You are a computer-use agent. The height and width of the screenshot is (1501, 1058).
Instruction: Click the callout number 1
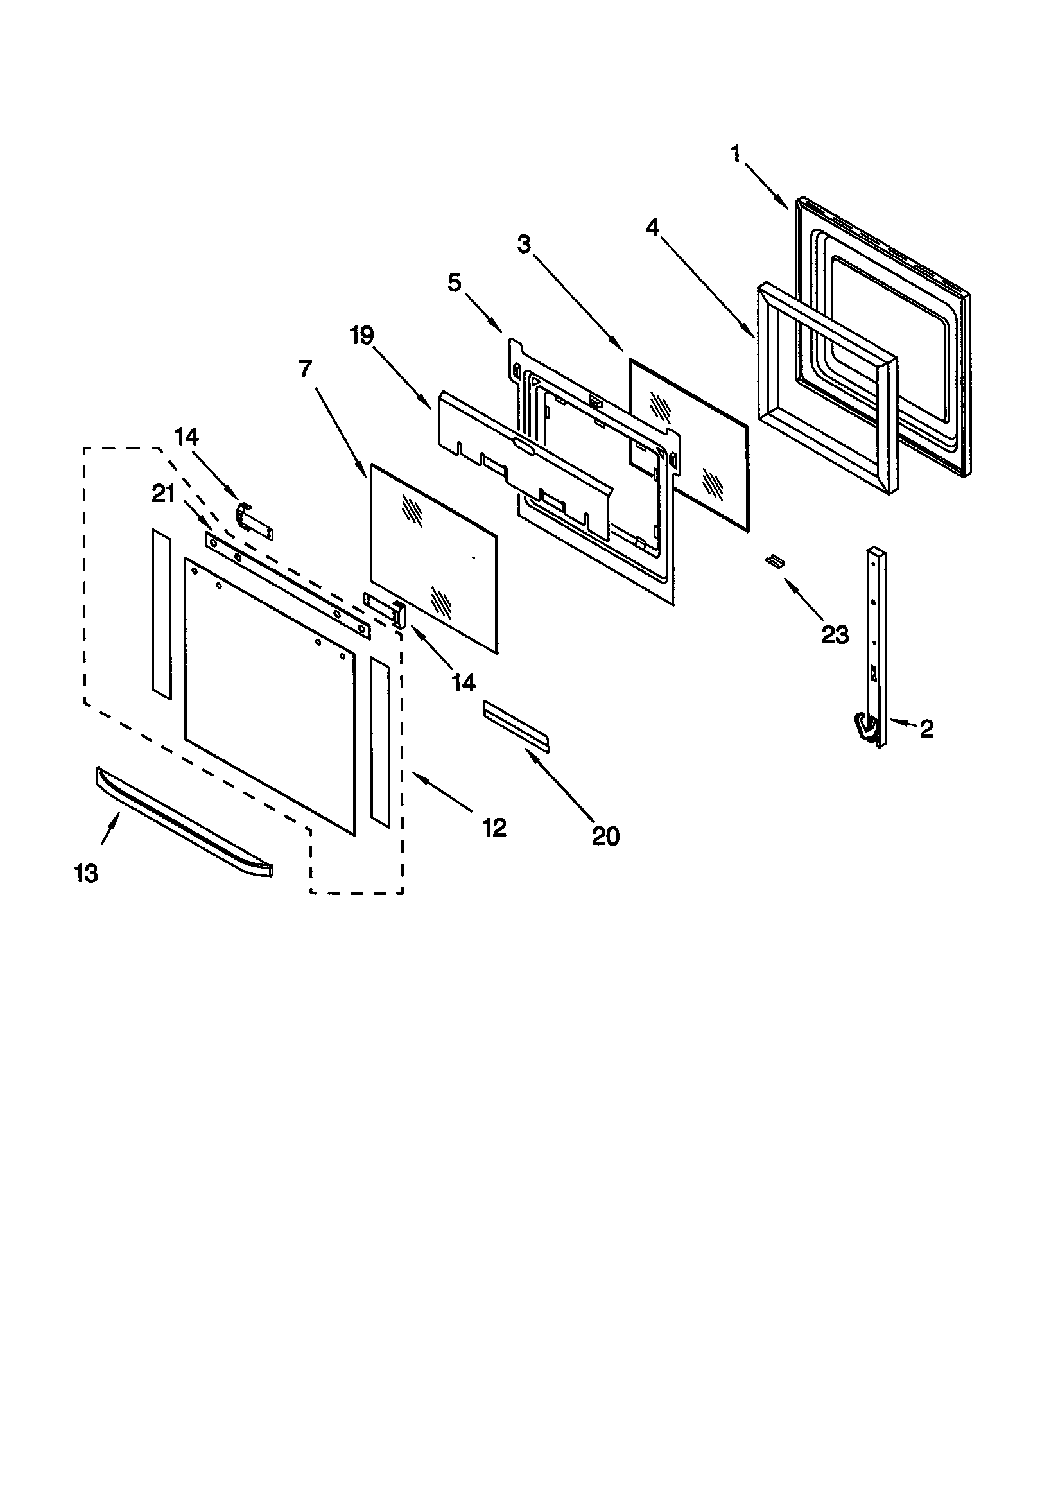(736, 154)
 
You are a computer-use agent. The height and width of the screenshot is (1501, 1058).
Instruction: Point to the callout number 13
(86, 873)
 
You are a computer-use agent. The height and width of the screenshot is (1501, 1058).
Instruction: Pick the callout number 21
(164, 494)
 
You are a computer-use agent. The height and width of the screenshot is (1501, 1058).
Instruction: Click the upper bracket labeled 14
(254, 521)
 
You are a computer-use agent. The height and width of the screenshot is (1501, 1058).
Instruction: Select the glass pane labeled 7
(434, 559)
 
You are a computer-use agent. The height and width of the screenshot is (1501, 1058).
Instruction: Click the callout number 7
(306, 369)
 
